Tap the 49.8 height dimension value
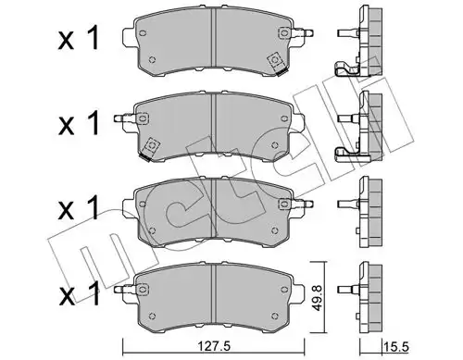coord(317,298)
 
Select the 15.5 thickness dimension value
coord(396,347)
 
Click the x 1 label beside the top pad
coord(79,38)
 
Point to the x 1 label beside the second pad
coord(79,123)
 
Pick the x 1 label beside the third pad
coord(79,208)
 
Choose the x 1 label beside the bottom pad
coord(80,293)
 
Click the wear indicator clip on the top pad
coord(276,64)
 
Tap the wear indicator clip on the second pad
coord(150,148)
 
